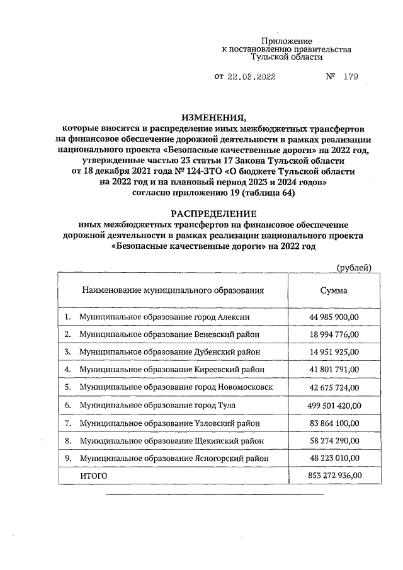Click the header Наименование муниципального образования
pos(173,290)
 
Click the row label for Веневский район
pos(169,334)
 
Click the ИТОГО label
pos(93,476)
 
